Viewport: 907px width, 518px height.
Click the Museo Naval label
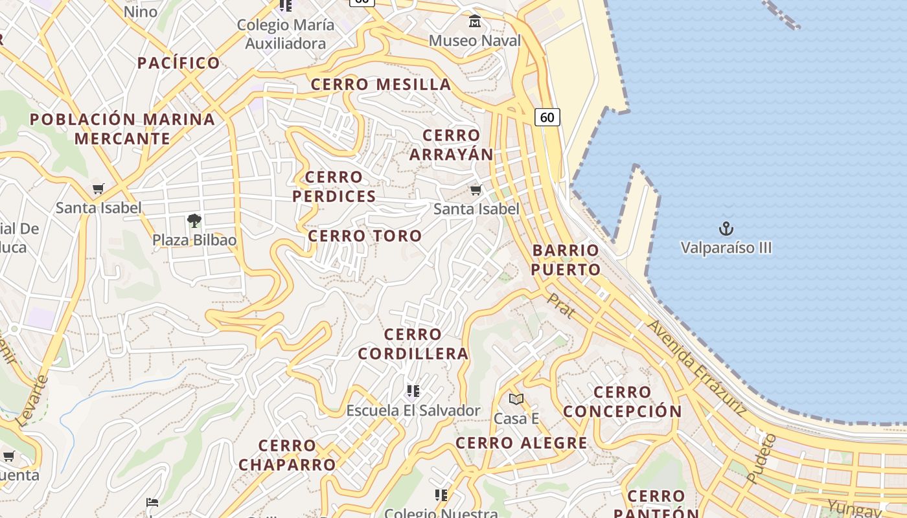click(x=475, y=41)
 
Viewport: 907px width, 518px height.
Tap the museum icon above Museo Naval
click(x=475, y=22)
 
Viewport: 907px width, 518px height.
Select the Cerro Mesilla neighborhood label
click(x=381, y=84)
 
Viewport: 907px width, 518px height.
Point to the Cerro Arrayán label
click(x=452, y=145)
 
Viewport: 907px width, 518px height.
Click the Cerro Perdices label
click(x=334, y=186)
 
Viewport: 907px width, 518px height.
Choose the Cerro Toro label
click(x=365, y=236)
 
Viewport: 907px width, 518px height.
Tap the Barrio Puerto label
click(x=566, y=260)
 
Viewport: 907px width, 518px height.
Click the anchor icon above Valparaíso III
click(x=726, y=229)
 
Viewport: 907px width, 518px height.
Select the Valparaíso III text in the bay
click(x=726, y=248)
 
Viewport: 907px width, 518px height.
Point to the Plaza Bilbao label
click(x=194, y=240)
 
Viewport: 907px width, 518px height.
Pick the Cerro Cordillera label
click(x=413, y=344)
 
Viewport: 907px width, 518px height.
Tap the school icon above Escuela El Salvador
click(x=413, y=391)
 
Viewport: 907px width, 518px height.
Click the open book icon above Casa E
click(x=516, y=399)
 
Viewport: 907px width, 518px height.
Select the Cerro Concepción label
click(x=623, y=401)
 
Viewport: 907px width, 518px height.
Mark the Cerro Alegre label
click(x=522, y=444)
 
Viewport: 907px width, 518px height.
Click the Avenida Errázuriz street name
click(x=696, y=366)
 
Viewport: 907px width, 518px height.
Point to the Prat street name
click(x=561, y=306)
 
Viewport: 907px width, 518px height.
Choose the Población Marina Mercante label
click(x=122, y=129)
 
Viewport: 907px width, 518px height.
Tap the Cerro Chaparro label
click(x=287, y=455)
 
